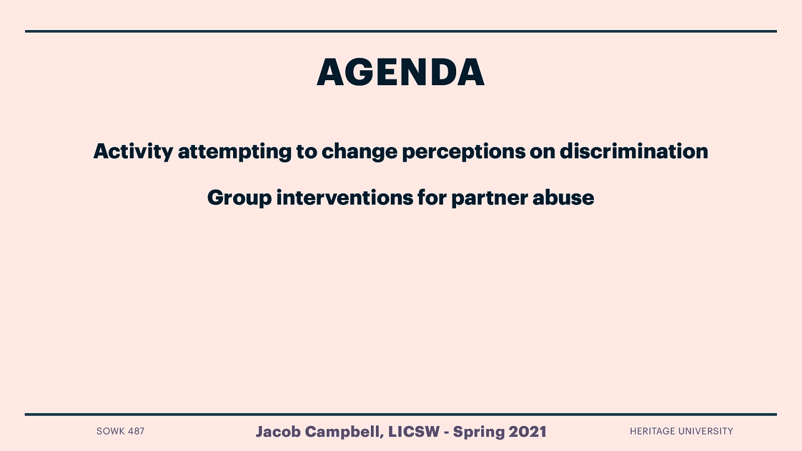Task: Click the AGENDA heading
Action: pyautogui.click(x=400, y=73)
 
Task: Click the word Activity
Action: pyautogui.click(x=133, y=151)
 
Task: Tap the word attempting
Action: pyautogui.click(x=235, y=151)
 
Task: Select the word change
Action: pyautogui.click(x=359, y=151)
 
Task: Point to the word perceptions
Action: pyautogui.click(x=463, y=151)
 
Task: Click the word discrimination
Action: pyautogui.click(x=634, y=151)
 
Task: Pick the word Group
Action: pyautogui.click(x=239, y=198)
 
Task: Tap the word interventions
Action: pyautogui.click(x=344, y=197)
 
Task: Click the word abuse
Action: pyautogui.click(x=563, y=197)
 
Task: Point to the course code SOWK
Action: pyautogui.click(x=110, y=431)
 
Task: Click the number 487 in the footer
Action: pyautogui.click(x=136, y=431)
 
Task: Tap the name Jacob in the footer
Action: pyautogui.click(x=278, y=431)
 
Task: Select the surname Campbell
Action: pyautogui.click(x=344, y=431)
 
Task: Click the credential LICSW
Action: pyautogui.click(x=414, y=431)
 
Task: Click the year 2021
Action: pyautogui.click(x=527, y=431)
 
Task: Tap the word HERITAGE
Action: pyautogui.click(x=652, y=431)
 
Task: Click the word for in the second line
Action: pyautogui.click(x=432, y=197)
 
